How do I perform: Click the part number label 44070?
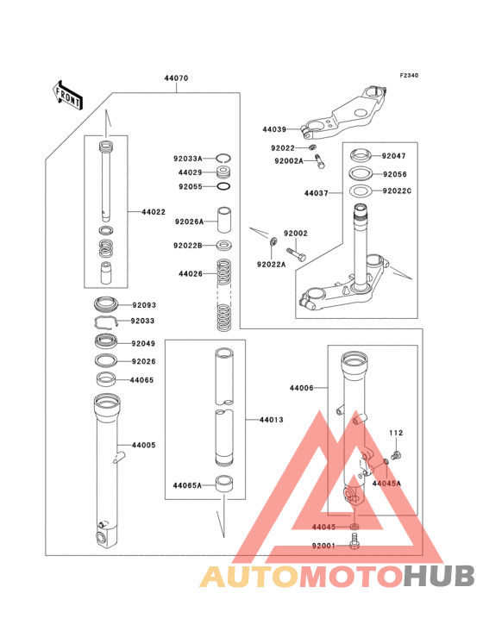(x=176, y=78)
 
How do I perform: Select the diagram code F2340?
(x=408, y=76)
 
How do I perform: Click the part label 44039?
(x=274, y=130)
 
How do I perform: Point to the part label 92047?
(x=394, y=156)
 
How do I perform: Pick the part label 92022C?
(x=398, y=191)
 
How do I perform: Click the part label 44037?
(x=316, y=194)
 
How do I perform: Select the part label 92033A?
(x=187, y=159)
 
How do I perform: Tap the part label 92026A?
(x=189, y=222)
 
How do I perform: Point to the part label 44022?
(x=141, y=211)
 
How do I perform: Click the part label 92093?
(x=143, y=304)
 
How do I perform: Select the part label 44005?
(x=143, y=446)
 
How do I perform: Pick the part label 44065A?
(x=187, y=485)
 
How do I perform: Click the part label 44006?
(x=314, y=390)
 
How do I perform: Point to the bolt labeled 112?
(x=396, y=453)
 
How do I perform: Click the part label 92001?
(x=324, y=545)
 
